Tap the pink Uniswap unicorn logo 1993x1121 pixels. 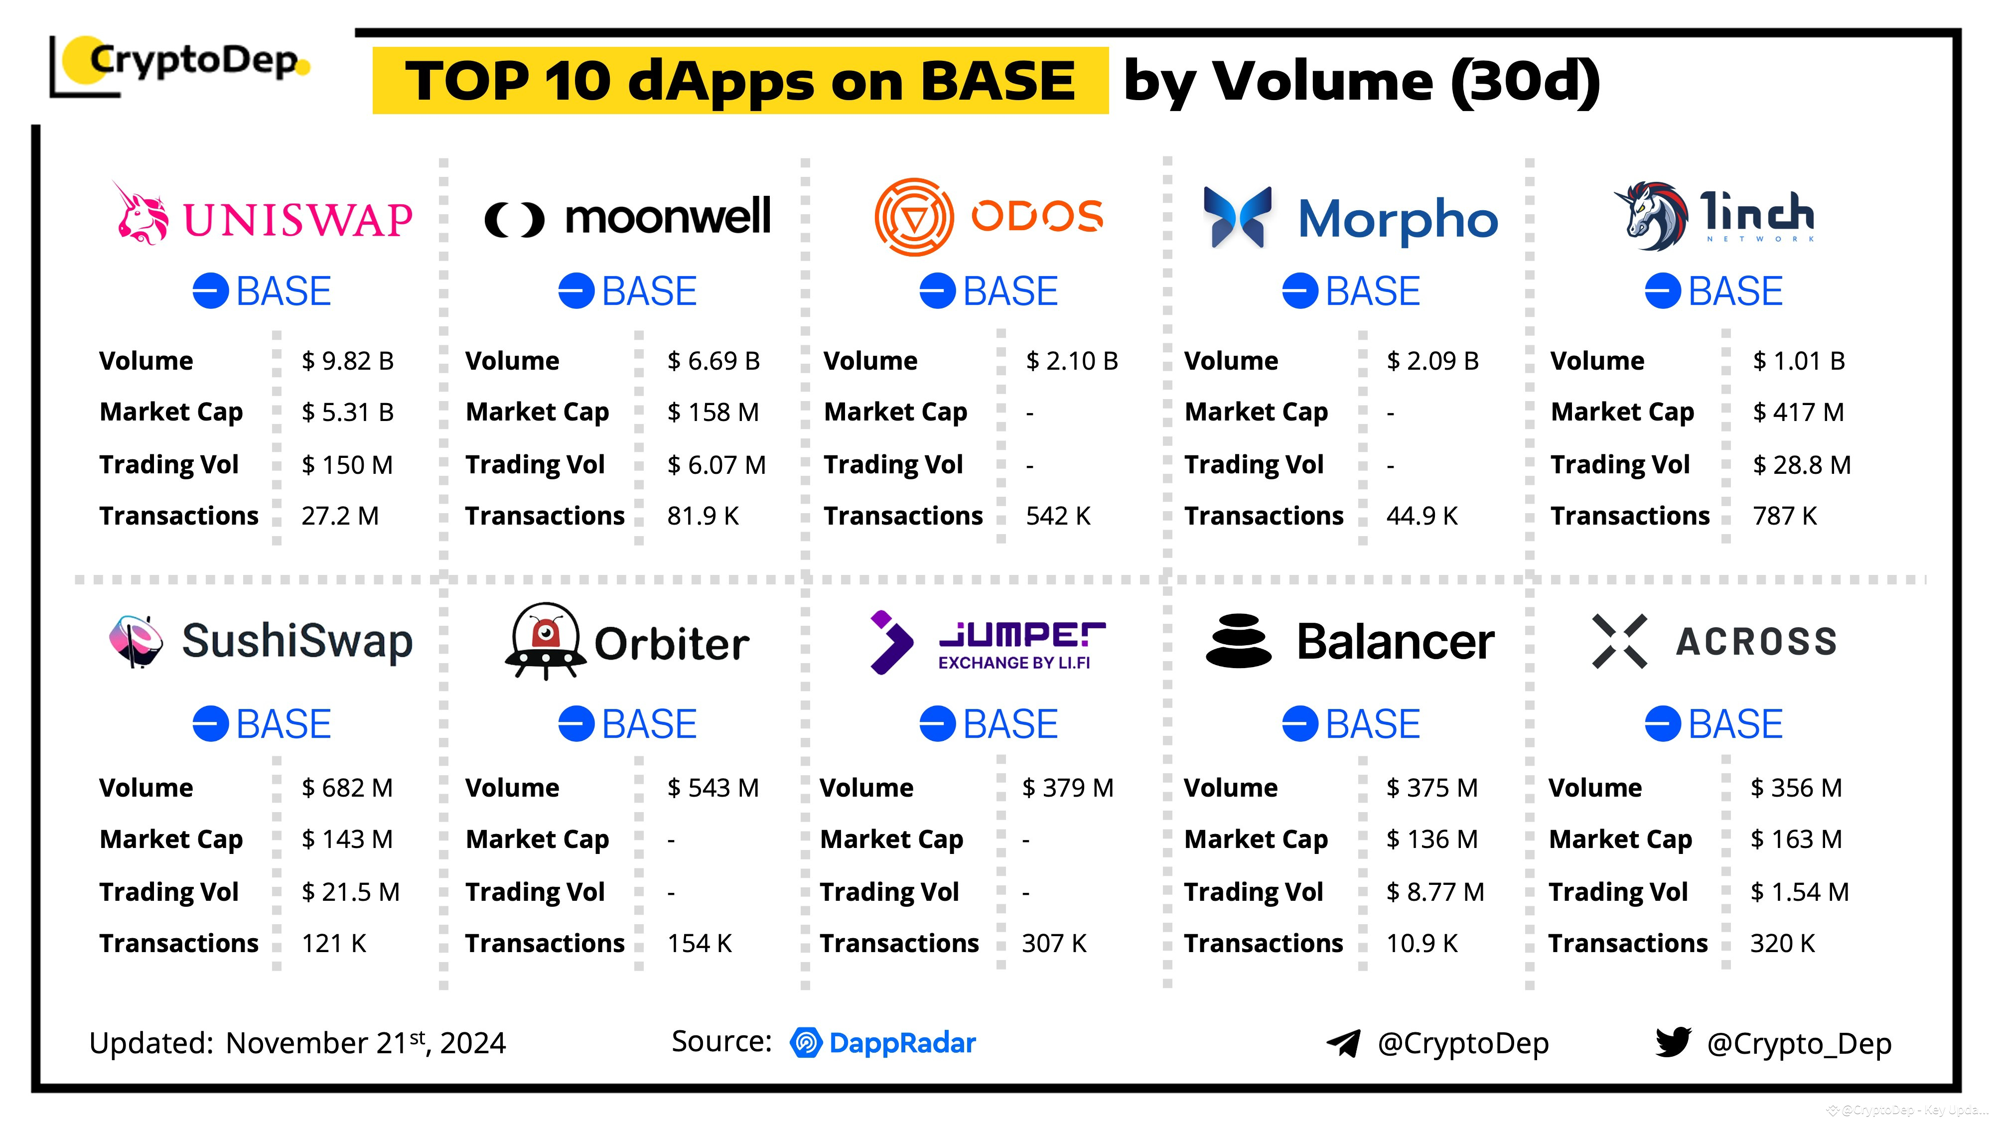142,215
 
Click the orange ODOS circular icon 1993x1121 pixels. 914,217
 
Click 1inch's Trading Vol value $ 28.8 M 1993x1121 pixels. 1801,465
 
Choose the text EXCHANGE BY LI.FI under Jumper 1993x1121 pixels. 1013,663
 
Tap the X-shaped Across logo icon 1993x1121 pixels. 1619,641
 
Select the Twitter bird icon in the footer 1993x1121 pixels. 1673,1042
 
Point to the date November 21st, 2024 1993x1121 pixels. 365,1043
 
